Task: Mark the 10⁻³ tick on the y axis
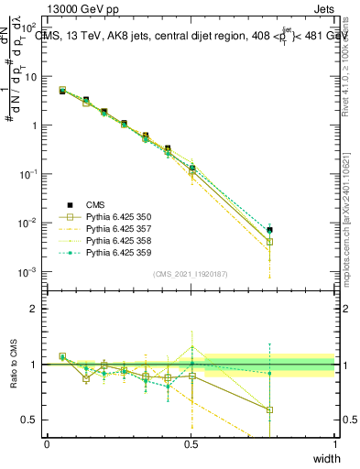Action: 28,272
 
